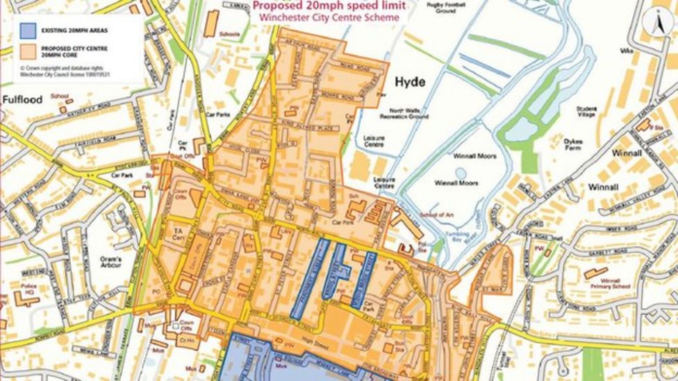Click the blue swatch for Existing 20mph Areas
[28, 31]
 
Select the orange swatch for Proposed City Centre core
[28, 52]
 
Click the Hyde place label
[410, 82]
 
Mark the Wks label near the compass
[627, 51]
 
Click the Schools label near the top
[229, 33]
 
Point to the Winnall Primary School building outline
[595, 273]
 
